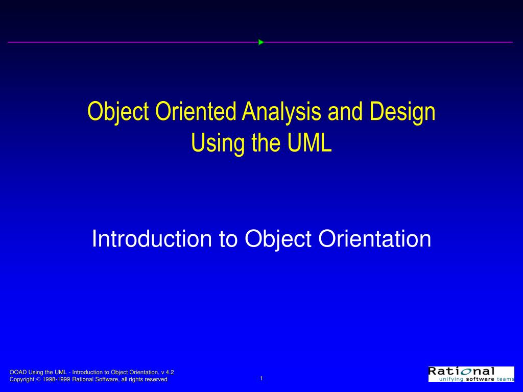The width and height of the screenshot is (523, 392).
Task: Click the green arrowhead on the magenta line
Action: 260,42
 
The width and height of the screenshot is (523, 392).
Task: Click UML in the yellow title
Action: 310,143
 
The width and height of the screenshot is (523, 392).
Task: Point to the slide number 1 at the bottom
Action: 261,378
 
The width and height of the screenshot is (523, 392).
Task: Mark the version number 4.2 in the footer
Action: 170,372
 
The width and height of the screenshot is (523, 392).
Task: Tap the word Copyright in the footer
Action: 22,379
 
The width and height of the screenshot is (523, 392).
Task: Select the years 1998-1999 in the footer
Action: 56,379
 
